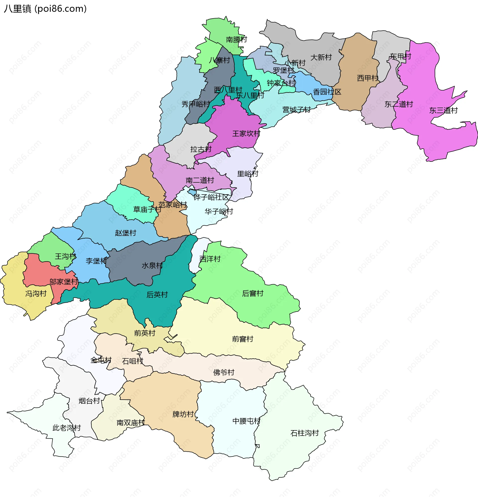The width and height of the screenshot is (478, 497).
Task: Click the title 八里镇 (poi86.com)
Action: point(45,9)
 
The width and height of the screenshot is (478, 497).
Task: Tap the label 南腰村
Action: point(236,40)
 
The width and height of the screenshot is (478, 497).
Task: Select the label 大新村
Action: point(321,57)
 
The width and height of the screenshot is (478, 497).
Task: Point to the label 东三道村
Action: point(443,110)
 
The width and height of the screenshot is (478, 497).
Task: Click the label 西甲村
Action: point(367,78)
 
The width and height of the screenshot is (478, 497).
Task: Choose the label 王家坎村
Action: point(246,134)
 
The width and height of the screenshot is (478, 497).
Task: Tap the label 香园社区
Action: point(327,92)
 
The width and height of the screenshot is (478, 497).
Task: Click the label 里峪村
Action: point(247,174)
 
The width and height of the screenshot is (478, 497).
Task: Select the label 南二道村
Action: point(200,180)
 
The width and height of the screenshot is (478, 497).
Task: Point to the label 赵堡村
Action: point(125,233)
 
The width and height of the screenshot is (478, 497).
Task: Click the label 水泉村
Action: point(152,265)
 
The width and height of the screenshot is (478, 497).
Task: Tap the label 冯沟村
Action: point(36,294)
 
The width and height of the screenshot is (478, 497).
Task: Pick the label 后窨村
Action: point(252,293)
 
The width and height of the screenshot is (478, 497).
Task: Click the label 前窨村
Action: point(242,339)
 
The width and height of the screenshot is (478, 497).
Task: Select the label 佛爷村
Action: point(224,373)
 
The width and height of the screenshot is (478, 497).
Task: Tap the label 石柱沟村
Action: point(304,433)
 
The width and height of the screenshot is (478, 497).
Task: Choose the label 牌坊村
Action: point(183,414)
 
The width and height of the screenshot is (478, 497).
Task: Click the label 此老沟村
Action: point(66,428)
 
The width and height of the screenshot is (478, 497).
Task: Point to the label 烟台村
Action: point(89,401)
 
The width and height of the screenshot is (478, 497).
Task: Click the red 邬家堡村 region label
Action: point(63,282)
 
